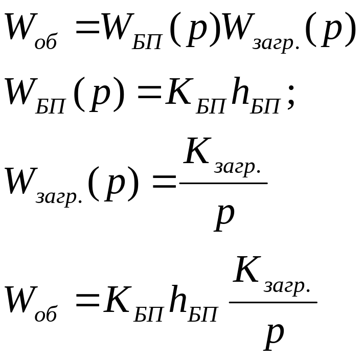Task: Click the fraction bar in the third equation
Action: (x=223, y=183)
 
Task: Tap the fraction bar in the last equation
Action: (x=273, y=302)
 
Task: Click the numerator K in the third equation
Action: (x=197, y=152)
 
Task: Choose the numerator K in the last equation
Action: (x=247, y=271)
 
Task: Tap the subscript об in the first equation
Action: (x=46, y=42)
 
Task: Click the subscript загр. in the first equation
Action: (x=276, y=44)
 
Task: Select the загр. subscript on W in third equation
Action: (x=59, y=196)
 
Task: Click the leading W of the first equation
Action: (x=19, y=28)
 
